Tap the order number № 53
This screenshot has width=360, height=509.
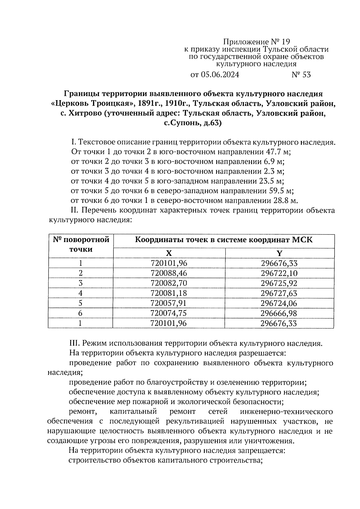(301, 75)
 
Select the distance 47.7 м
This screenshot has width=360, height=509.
(279, 152)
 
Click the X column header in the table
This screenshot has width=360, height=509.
(169, 253)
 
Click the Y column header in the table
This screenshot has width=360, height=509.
(279, 253)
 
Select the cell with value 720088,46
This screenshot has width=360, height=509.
(169, 273)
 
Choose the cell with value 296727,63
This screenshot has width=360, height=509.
(279, 293)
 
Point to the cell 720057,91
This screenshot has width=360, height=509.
(169, 303)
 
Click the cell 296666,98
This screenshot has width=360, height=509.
(279, 313)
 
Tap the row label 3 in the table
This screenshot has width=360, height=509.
(80, 283)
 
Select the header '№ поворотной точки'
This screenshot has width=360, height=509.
(81, 244)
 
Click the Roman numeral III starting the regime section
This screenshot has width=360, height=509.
(73, 343)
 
